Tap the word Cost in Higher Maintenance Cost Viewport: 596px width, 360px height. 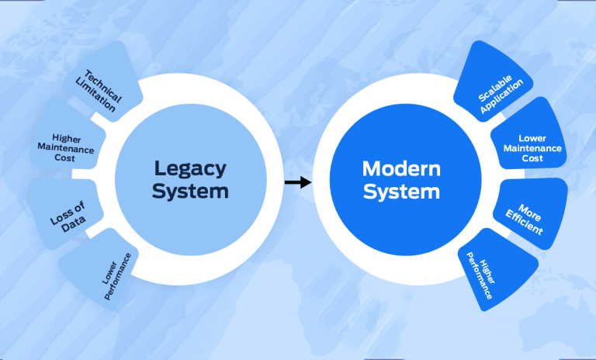point(67,158)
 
